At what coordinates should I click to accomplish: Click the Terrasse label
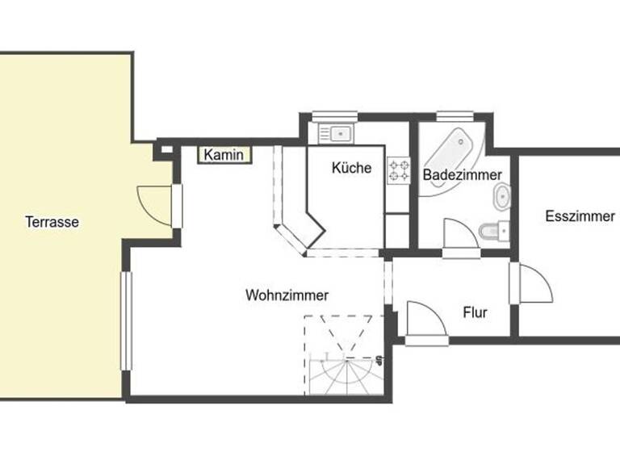pyautogui.click(x=52, y=222)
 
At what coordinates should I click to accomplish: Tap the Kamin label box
pyautogui.click(x=224, y=155)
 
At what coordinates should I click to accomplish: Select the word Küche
pyautogui.click(x=352, y=168)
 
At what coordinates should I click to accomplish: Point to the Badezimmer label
pyautogui.click(x=463, y=174)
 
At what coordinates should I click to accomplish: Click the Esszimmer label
pyautogui.click(x=580, y=216)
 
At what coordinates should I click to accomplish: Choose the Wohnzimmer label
pyautogui.click(x=287, y=295)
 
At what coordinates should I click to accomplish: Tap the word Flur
pyautogui.click(x=475, y=312)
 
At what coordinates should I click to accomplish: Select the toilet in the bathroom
pyautogui.click(x=491, y=232)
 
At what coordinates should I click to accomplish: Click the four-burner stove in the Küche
pyautogui.click(x=399, y=169)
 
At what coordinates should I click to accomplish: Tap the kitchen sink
pyautogui.click(x=334, y=132)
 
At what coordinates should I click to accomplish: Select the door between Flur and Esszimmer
pyautogui.click(x=532, y=284)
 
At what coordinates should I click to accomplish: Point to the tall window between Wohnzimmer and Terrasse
pyautogui.click(x=126, y=320)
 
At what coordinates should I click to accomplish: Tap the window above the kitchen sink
pyautogui.click(x=329, y=115)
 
